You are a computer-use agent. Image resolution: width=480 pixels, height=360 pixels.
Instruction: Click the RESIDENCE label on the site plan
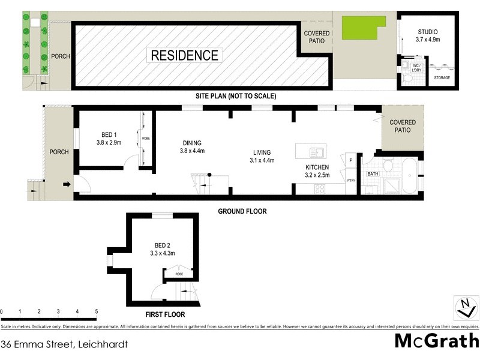184,56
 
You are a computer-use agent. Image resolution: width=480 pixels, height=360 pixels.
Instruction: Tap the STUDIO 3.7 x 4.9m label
428,35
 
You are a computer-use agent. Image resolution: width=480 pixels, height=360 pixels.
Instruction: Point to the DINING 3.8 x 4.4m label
192,147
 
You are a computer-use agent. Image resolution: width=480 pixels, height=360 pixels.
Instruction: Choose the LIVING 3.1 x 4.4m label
262,157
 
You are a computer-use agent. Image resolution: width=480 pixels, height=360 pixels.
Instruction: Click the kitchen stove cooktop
320,188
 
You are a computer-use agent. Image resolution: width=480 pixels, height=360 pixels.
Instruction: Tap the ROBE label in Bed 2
179,274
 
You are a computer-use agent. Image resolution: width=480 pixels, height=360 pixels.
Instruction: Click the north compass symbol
464,308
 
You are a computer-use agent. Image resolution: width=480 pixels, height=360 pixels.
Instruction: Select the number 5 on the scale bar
96,311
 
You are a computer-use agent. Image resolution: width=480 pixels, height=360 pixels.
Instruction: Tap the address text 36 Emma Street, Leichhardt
64,344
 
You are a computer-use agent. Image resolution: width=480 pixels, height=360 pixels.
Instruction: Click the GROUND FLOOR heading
242,211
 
